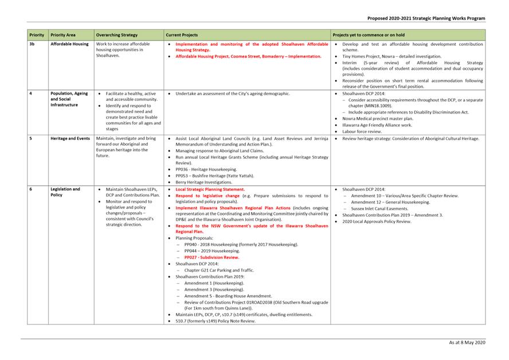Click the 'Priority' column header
(37, 35)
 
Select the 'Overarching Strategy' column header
(117, 35)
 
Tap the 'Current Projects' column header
(182, 35)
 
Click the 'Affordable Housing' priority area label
(69, 44)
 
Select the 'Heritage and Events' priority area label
(70, 139)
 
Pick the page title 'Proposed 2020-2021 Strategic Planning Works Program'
(426, 18)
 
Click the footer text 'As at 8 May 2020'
(467, 342)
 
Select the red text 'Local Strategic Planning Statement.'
(210, 189)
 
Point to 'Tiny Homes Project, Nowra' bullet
(391, 57)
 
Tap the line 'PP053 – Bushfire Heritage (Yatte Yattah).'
(214, 175)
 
